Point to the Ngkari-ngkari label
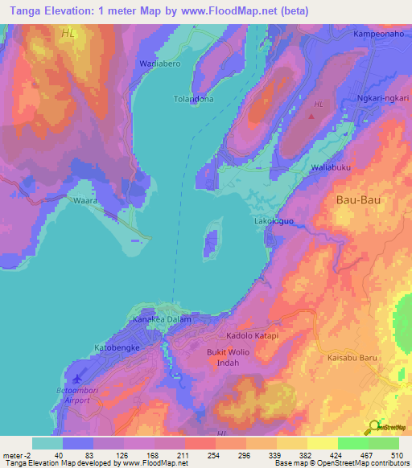coord(382,101)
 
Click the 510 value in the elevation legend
coord(398,455)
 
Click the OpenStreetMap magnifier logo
coord(374,426)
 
